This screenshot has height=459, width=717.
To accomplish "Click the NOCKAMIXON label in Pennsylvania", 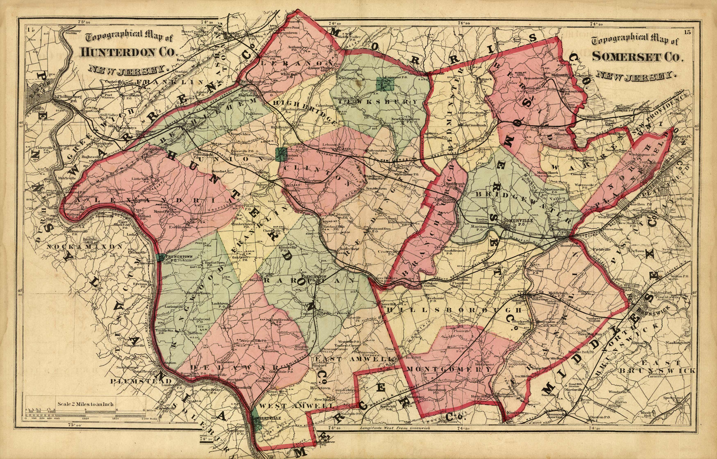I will [84, 247].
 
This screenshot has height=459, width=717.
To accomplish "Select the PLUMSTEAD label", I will [141, 381].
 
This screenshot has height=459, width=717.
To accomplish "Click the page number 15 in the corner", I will [686, 33].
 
